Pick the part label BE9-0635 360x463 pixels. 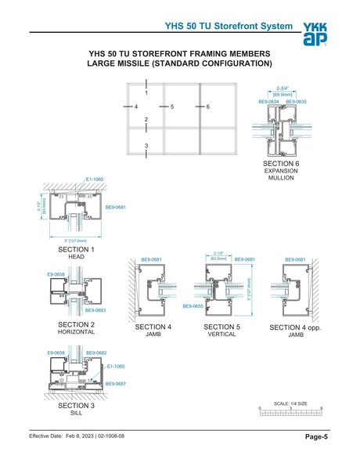pos(296,101)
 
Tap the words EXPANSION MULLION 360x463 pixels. pos(281,174)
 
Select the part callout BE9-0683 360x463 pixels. pos(95,310)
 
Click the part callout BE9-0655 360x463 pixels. pos(192,306)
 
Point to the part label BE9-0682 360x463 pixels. pos(96,353)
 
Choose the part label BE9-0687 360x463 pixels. pos(115,383)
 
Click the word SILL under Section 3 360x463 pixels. pos(76,416)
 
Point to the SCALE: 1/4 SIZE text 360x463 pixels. pos(288,403)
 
